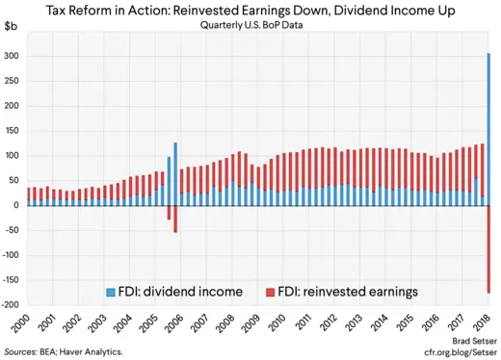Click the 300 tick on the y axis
(12, 56)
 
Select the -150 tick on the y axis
(10, 280)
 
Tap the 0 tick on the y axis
(16, 205)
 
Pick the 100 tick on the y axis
(12, 156)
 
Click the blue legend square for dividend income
(109, 290)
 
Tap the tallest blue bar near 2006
(175, 161)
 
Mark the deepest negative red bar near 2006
(175, 219)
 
